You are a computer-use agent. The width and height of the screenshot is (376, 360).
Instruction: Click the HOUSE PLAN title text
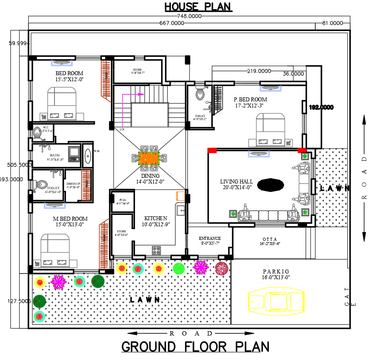click(x=198, y=7)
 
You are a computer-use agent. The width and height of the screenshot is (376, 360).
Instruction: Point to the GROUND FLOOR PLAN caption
click(x=195, y=347)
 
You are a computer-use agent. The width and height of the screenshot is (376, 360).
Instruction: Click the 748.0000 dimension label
click(x=189, y=16)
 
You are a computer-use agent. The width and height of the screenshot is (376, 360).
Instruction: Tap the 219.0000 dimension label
click(x=259, y=71)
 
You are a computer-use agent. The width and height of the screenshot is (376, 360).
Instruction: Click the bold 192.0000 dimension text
click(x=321, y=107)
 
